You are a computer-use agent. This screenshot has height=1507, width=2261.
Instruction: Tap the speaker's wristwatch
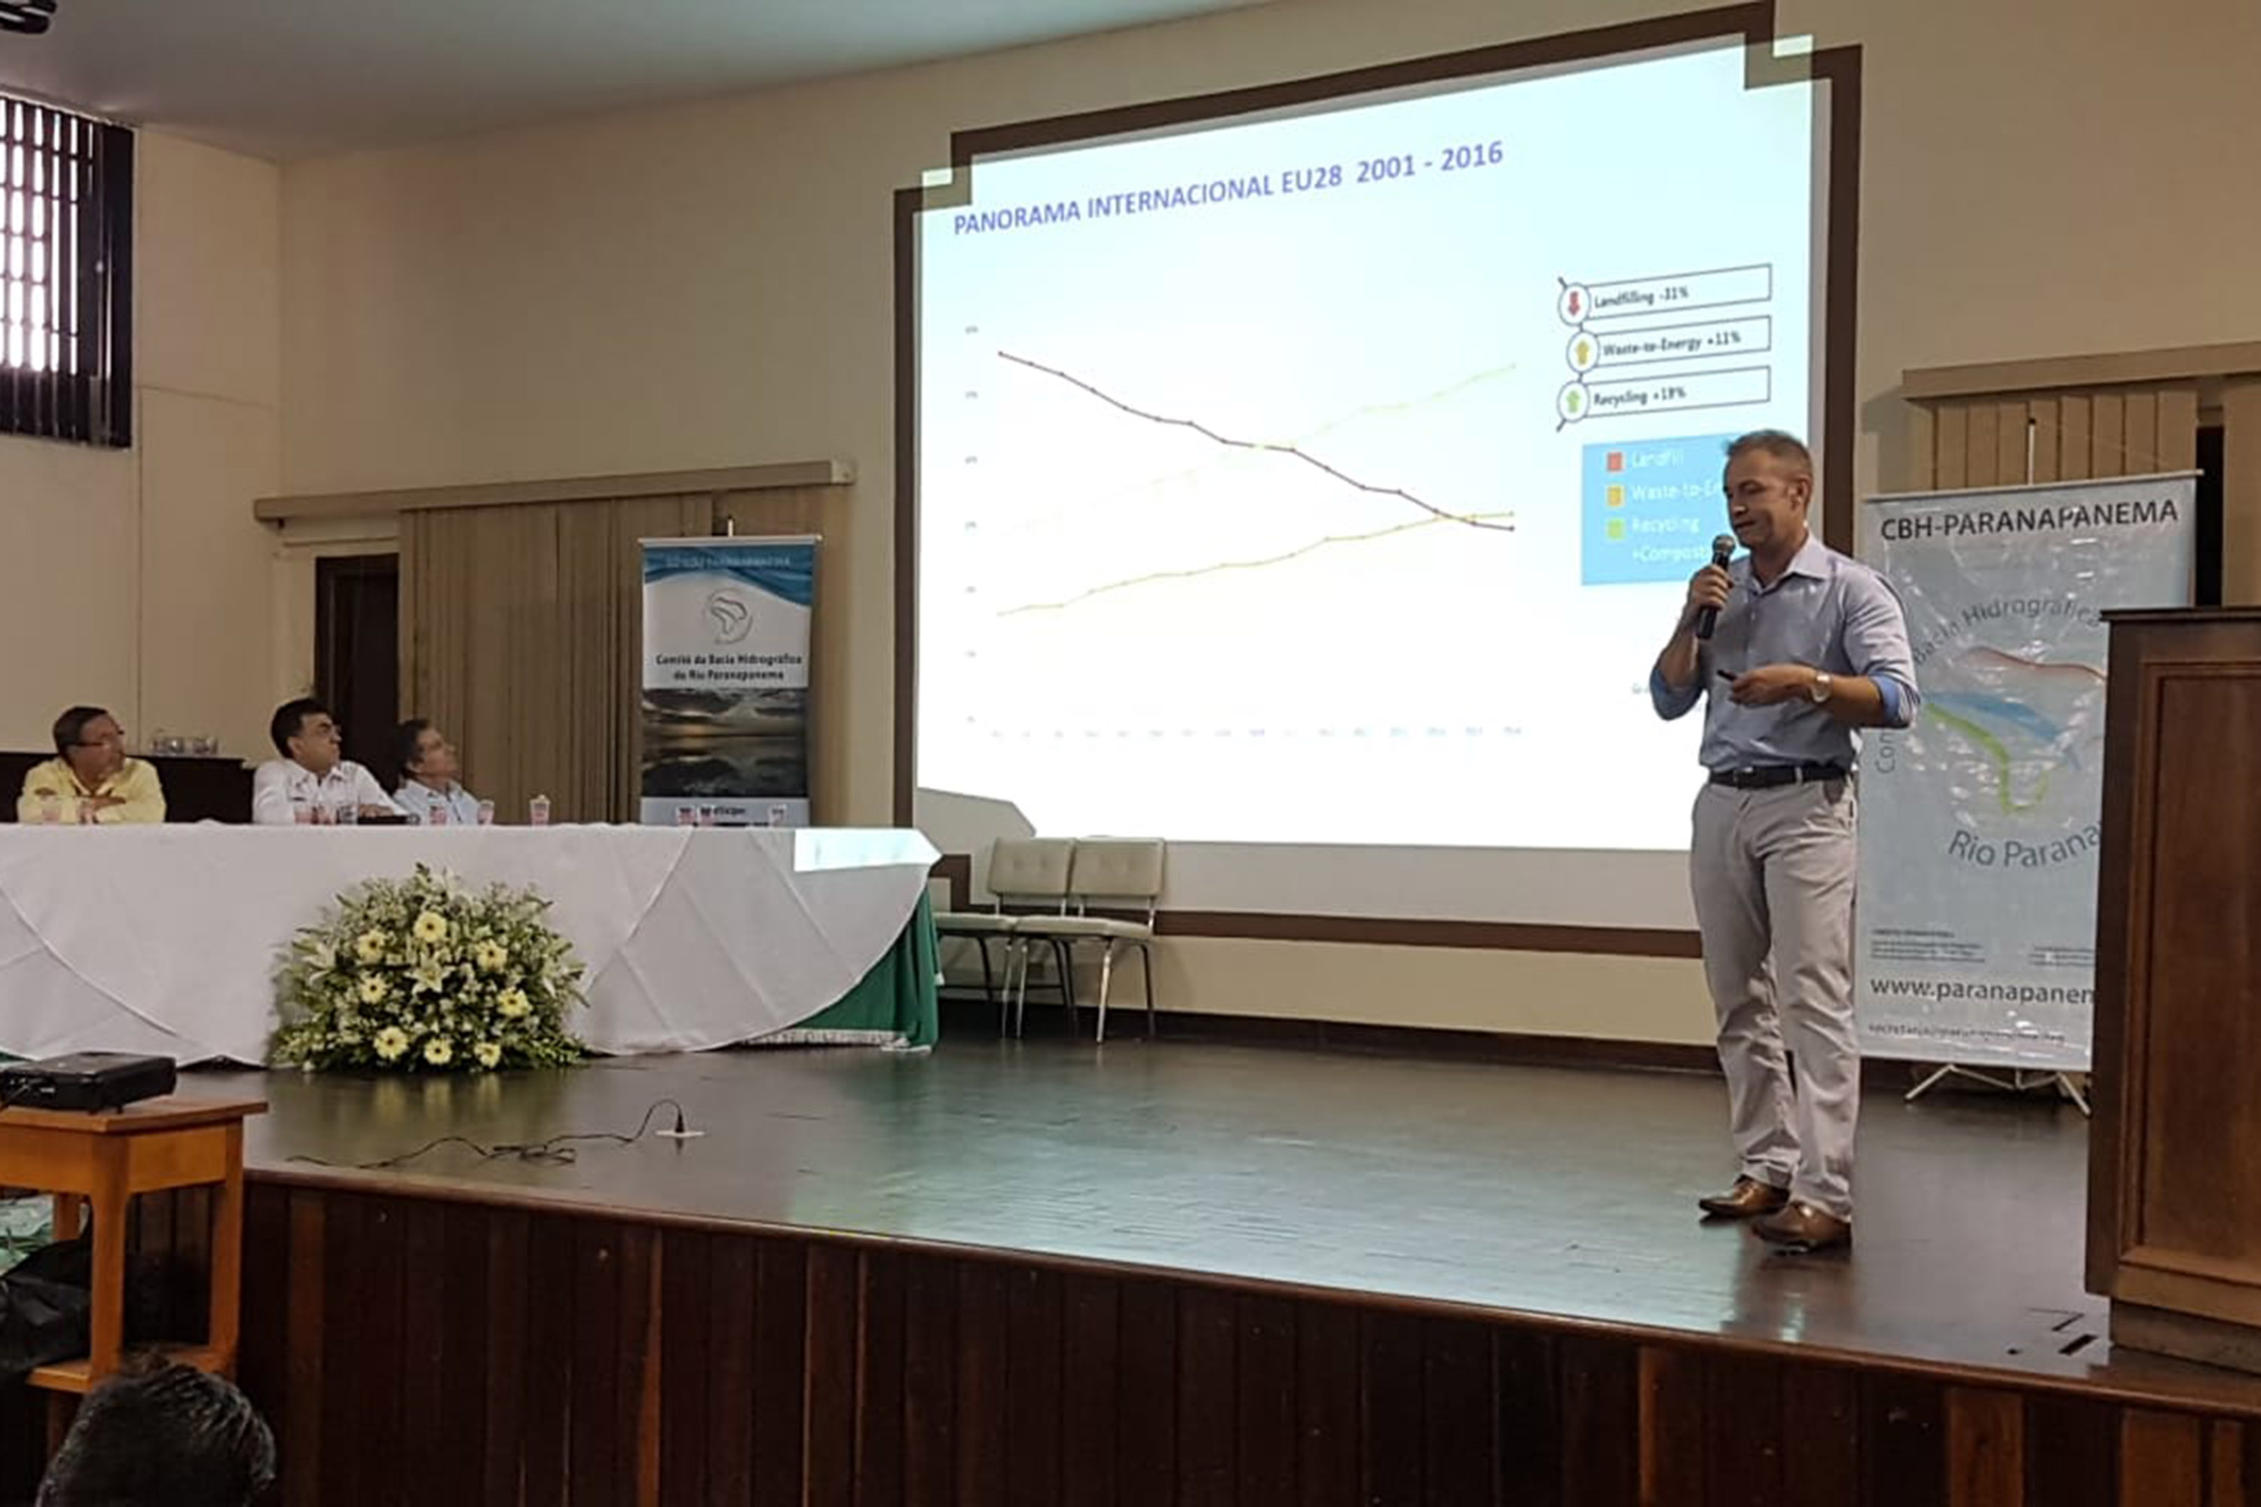click(1819, 686)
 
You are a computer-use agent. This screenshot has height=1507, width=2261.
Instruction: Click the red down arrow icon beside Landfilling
click(1574, 304)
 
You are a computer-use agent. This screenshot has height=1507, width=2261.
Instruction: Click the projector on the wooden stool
click(87, 1081)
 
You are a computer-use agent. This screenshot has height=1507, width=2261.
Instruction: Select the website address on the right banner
click(1981, 991)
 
